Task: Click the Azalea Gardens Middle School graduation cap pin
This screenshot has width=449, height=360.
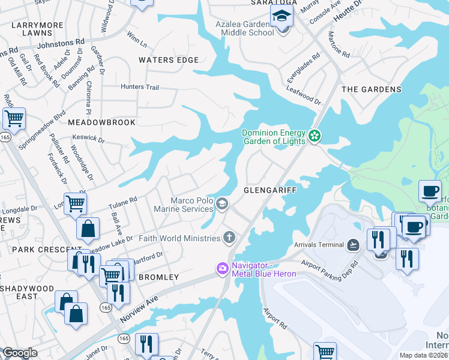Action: [x=280, y=16]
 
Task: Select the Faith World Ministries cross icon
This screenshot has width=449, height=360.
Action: [x=229, y=238]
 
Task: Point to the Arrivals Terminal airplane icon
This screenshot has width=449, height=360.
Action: [x=354, y=245]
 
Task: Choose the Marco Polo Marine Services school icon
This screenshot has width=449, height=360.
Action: [x=222, y=205]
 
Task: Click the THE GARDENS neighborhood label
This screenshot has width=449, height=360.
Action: [x=371, y=89]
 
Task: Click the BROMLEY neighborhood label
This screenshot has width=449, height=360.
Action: [x=159, y=277]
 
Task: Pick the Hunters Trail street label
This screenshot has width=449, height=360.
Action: [x=140, y=87]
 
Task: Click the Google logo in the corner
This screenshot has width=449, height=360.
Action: [x=20, y=353]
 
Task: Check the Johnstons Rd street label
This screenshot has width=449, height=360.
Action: [x=61, y=43]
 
